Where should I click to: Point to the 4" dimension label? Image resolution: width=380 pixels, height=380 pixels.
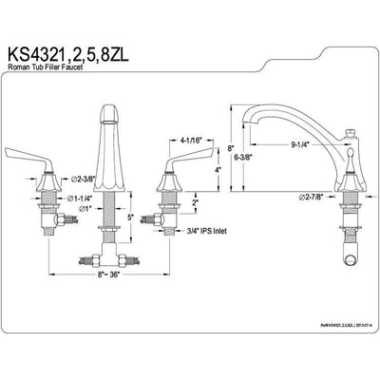coord(217,170)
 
